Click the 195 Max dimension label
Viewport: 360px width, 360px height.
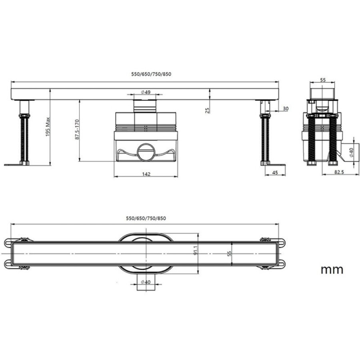click(x=48, y=127)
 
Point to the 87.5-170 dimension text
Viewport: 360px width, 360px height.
click(x=77, y=130)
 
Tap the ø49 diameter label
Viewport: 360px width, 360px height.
click(x=146, y=92)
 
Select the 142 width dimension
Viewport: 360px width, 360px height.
click(x=146, y=174)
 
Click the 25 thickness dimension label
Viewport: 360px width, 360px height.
click(x=207, y=110)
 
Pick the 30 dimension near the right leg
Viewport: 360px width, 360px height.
click(x=285, y=108)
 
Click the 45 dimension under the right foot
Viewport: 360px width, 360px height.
click(x=275, y=172)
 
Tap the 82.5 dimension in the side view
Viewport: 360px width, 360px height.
click(x=339, y=172)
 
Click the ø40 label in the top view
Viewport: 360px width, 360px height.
click(x=146, y=282)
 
